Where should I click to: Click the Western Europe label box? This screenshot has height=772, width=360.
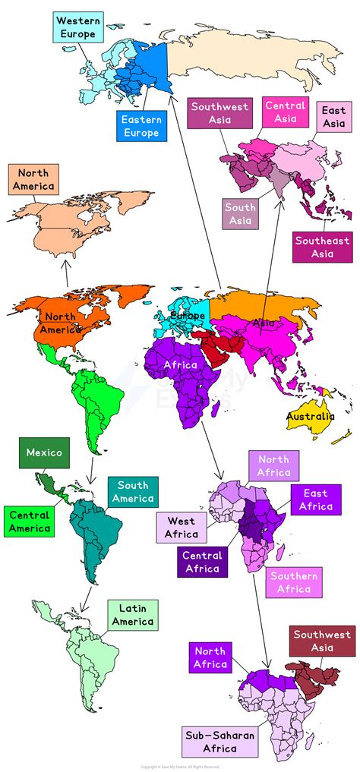(77, 27)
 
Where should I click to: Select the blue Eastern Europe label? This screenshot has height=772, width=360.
(141, 125)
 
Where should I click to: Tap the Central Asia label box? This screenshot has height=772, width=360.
(286, 112)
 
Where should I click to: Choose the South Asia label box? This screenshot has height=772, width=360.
(241, 213)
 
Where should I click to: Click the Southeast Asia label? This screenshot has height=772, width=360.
(322, 247)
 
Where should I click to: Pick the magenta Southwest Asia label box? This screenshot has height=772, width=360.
(219, 113)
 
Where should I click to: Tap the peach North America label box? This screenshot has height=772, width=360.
(33, 180)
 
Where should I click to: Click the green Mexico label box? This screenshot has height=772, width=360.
(44, 452)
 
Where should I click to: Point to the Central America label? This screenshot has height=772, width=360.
(30, 521)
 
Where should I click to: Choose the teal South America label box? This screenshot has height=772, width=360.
(133, 492)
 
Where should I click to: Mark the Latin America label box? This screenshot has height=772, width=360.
(133, 615)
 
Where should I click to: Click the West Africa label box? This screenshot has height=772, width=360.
(181, 528)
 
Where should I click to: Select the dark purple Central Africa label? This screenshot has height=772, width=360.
(202, 562)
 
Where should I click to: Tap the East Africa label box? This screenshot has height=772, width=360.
(314, 499)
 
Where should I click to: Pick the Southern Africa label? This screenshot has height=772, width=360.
(293, 582)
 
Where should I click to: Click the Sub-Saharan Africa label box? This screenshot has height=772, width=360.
(210, 742)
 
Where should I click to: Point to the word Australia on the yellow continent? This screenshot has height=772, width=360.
(310, 417)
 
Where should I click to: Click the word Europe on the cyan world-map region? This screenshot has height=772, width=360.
(188, 315)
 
